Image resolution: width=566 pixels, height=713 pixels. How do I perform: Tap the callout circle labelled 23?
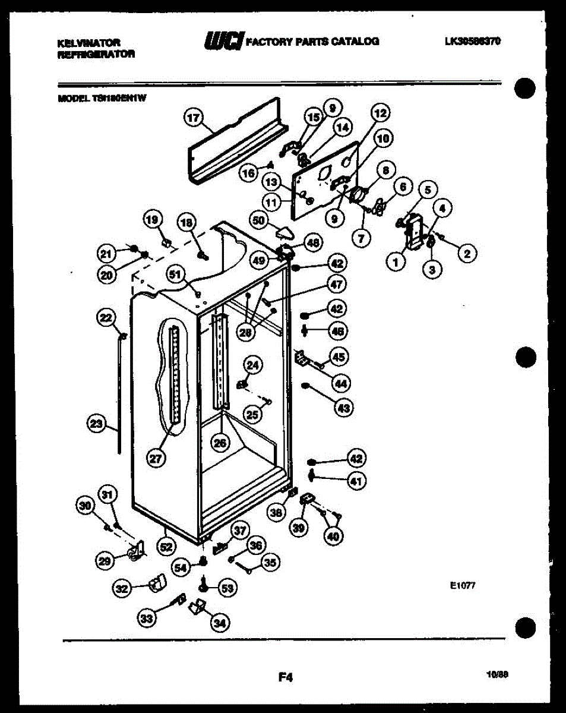click(x=95, y=424)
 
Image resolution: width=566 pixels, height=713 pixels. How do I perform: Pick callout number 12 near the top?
click(x=380, y=112)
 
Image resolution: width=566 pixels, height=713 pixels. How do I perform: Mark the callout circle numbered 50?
click(x=258, y=220)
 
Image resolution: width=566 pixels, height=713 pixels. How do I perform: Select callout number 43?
click(x=344, y=408)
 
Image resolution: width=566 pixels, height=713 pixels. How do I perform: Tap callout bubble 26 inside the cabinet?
click(x=220, y=442)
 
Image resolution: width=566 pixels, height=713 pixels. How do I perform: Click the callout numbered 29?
click(x=104, y=559)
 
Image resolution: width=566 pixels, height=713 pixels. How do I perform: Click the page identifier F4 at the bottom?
click(x=286, y=676)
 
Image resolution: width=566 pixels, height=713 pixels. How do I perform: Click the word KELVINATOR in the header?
click(x=88, y=43)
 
